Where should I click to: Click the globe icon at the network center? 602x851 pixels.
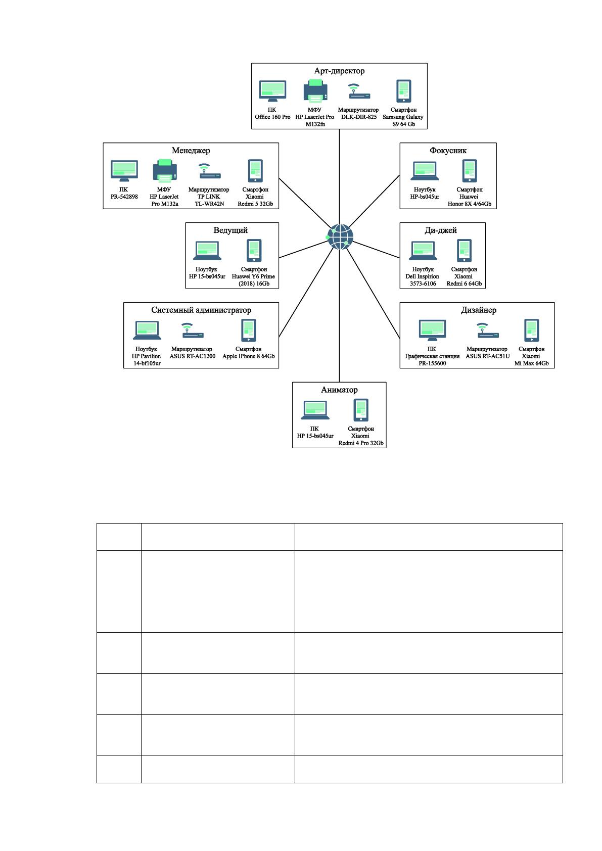pos(340,237)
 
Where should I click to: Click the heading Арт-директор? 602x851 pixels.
pos(339,71)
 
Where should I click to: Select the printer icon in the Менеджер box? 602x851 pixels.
pos(165,171)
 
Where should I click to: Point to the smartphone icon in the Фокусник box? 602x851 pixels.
pos(470,171)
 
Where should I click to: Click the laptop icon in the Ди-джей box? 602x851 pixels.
pos(423,250)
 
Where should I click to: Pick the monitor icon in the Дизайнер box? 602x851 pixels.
pos(432,330)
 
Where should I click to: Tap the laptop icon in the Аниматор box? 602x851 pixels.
pos(315,410)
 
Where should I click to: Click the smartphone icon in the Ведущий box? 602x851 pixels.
pos(254,250)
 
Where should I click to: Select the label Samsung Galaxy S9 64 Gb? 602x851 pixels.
pos(403,120)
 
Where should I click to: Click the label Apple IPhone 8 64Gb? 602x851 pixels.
pos(249,356)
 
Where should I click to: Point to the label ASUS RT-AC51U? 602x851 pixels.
pos(488,356)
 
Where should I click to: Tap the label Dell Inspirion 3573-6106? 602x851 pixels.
pos(422,279)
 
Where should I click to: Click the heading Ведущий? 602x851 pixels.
pos(230,230)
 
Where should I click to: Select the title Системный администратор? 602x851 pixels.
pos(201,310)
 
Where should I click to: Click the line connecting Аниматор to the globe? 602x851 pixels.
pos(339,316)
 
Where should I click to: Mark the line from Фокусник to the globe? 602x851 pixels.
pos(375,201)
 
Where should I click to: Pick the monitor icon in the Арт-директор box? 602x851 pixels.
pos(272,91)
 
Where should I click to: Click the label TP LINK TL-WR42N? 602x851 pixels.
pos(209,200)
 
